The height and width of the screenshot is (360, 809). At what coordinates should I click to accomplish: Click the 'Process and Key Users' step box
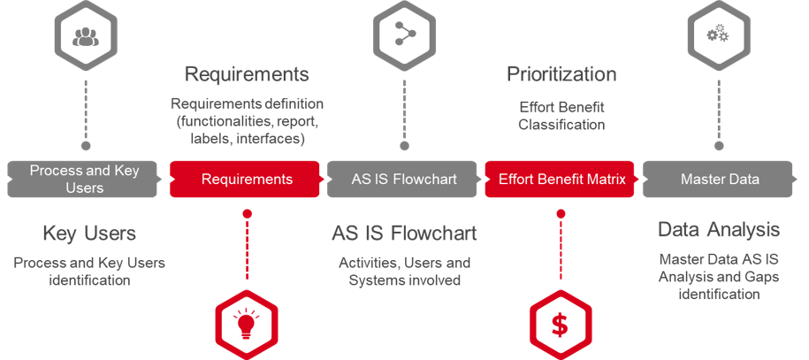tap(84, 179)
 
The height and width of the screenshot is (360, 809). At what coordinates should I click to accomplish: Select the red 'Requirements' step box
tap(247, 179)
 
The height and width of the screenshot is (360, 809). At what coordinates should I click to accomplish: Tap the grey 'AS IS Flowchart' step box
tap(403, 179)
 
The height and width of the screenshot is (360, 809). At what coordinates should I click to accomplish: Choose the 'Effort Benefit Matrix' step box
tap(561, 179)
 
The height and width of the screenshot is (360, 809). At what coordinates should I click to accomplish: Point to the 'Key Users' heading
tap(89, 234)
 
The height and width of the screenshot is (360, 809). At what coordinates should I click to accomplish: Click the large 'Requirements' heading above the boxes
tap(247, 73)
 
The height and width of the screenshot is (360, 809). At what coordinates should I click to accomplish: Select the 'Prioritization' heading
tap(561, 73)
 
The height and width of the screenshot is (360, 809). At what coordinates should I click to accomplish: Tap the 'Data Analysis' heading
tap(719, 230)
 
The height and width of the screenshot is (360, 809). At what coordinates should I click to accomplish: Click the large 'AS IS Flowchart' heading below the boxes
tap(404, 234)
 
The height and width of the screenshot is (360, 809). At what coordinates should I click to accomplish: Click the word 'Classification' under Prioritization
tap(561, 125)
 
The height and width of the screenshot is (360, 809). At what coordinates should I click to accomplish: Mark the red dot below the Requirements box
tap(248, 213)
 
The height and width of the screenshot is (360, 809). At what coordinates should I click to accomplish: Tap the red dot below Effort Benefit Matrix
tap(560, 213)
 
